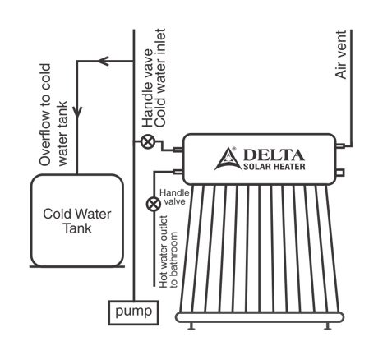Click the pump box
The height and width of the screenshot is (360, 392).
[x=133, y=313]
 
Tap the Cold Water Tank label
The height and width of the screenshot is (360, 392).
[x=77, y=221]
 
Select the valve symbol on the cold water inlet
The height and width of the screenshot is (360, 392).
[x=148, y=142]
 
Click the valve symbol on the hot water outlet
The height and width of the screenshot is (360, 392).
[x=154, y=204]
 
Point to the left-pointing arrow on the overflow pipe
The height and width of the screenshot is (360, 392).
[x=104, y=61]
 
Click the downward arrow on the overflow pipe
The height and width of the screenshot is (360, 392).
[x=77, y=112]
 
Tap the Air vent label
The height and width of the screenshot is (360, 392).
[x=341, y=55]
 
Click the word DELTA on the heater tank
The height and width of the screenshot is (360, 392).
[x=274, y=155]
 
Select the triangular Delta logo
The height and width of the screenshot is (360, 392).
[x=228, y=159]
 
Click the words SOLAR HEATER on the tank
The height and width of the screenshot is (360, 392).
[x=274, y=167]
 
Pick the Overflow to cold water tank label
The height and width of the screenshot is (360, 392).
[x=53, y=115]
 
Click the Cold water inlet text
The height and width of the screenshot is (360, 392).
[x=160, y=77]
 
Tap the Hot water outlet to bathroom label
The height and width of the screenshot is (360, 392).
[x=168, y=252]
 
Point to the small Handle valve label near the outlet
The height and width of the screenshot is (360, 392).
[x=174, y=197]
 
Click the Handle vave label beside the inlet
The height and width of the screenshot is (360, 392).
[x=148, y=88]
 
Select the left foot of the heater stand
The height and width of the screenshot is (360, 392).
[x=191, y=325]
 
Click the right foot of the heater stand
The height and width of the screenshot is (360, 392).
[x=327, y=325]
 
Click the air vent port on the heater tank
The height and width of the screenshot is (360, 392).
[x=340, y=145]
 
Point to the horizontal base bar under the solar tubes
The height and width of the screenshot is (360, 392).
[x=260, y=317]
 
